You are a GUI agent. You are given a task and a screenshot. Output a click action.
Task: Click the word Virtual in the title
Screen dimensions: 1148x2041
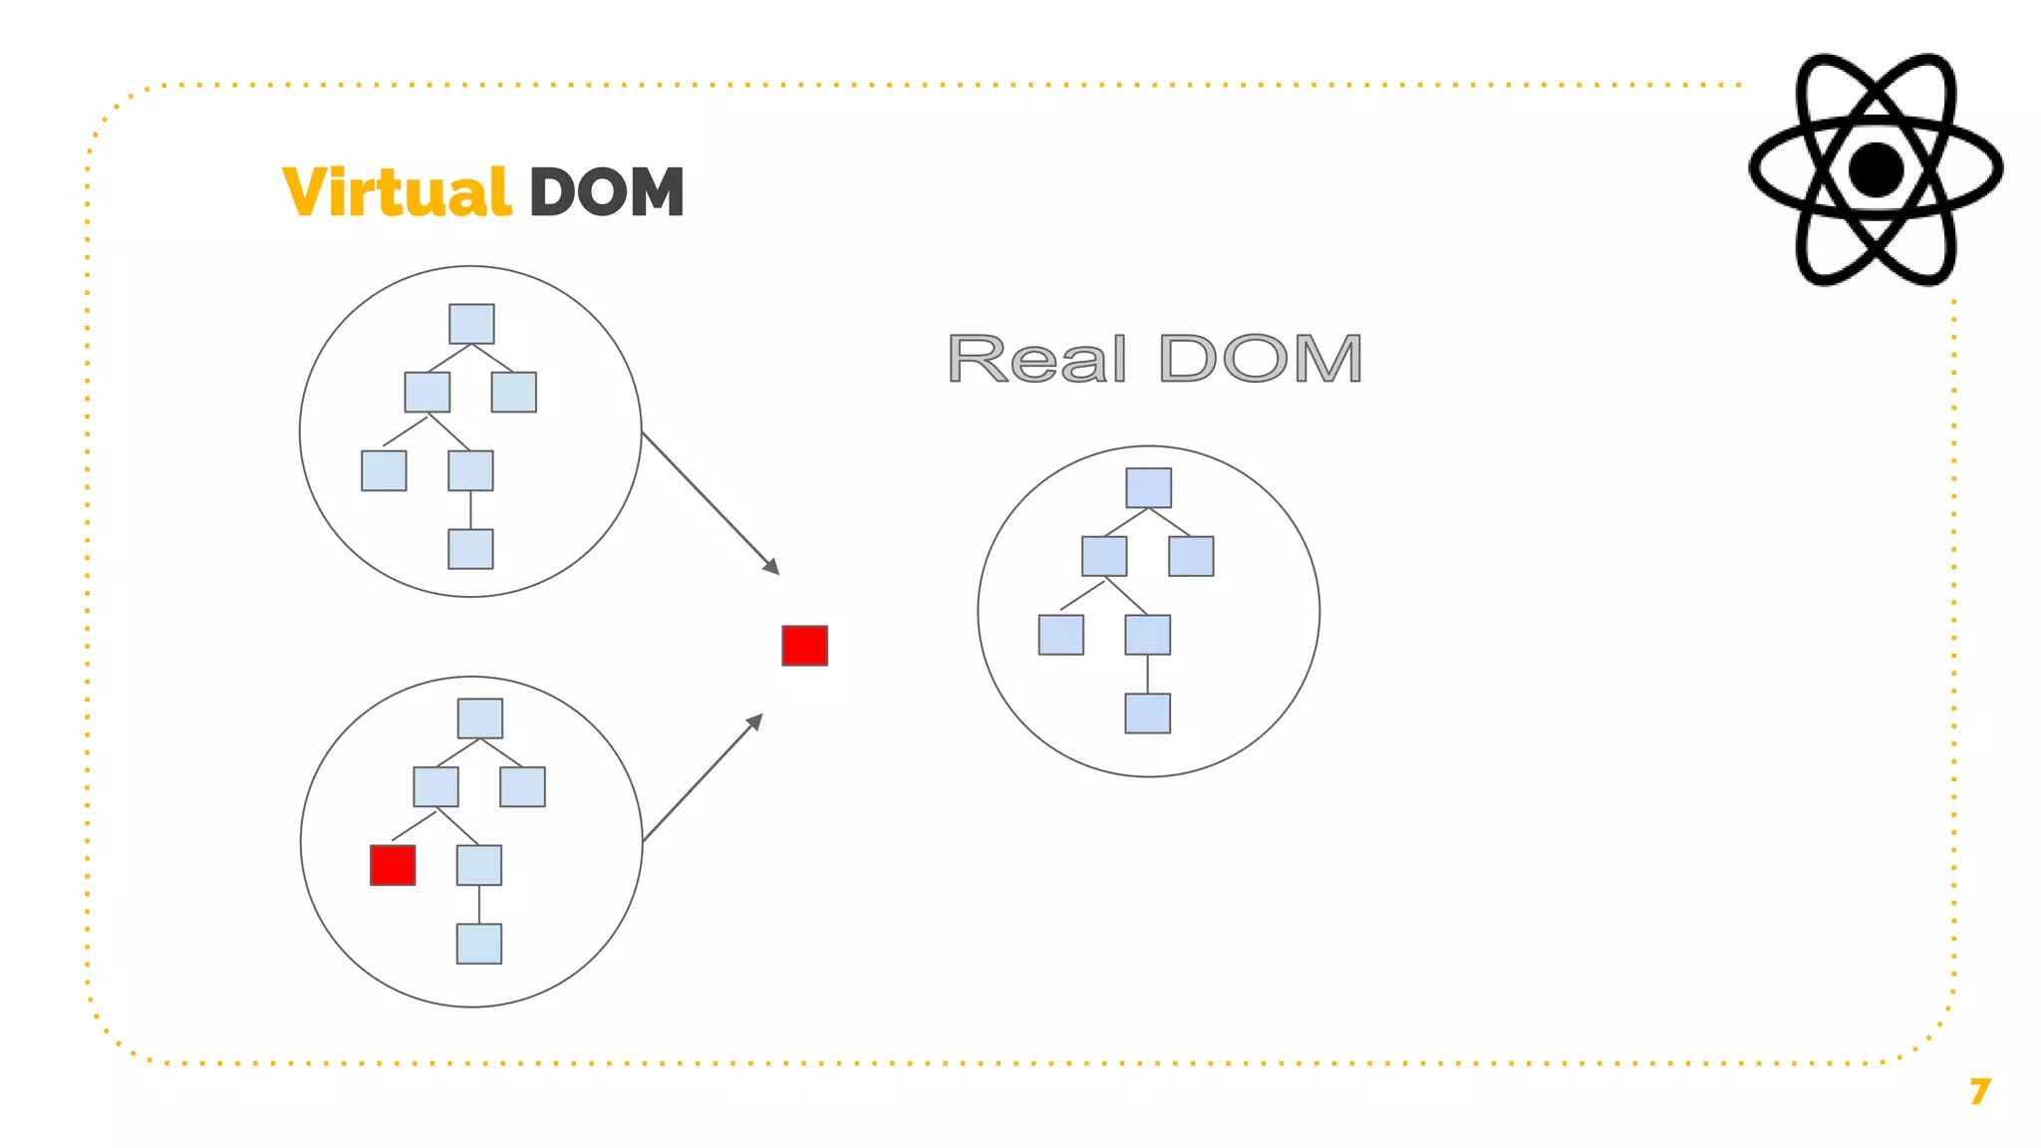coord(397,192)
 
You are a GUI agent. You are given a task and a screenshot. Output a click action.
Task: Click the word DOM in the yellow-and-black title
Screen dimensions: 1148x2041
coord(606,192)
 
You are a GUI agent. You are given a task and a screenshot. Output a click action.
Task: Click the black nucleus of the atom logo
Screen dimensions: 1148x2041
coord(1876,169)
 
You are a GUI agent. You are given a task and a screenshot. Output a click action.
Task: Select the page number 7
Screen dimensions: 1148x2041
coord(1979,1091)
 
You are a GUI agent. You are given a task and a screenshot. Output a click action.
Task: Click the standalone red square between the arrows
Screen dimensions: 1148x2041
coord(804,646)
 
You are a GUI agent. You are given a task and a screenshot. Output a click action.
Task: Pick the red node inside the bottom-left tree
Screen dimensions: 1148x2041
coord(393,865)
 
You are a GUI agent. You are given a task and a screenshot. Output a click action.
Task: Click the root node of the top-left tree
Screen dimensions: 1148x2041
coord(471,324)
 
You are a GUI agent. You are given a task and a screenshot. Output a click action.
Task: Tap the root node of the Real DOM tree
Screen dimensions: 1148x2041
coord(1148,488)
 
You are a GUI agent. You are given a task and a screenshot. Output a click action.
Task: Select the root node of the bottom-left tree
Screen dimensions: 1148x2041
coord(479,718)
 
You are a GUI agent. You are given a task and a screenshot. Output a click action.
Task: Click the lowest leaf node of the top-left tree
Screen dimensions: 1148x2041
coord(470,549)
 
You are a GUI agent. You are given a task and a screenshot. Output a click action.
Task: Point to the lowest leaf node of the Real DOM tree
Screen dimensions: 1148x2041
coord(1147,714)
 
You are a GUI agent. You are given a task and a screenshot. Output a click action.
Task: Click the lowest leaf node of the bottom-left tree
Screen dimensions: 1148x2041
coord(478,944)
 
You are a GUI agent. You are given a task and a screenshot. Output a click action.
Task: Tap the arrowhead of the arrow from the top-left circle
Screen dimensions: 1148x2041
coord(772,567)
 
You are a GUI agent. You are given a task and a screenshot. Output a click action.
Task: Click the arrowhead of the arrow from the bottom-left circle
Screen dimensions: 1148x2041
coord(755,720)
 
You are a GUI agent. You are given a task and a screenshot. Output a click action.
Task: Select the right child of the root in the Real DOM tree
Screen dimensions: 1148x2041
coord(1191,556)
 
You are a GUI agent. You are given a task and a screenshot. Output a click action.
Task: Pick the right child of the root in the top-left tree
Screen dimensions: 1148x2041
coord(514,392)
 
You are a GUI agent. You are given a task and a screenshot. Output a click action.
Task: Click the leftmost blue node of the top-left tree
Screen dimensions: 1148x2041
coord(384,470)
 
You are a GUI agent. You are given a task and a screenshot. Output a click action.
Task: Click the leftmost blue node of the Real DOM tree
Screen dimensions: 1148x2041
coord(1060,635)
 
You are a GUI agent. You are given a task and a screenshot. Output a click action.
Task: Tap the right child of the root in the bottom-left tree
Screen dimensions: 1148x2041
coord(522,786)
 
